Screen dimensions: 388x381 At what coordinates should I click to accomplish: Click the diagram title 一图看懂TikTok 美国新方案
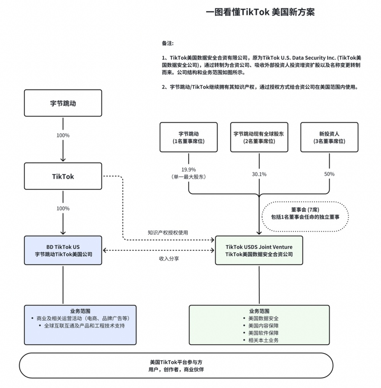click(x=260, y=12)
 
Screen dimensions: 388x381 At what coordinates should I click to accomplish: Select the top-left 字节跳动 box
click(x=63, y=103)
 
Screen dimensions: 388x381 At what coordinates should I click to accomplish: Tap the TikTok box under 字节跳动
click(x=63, y=177)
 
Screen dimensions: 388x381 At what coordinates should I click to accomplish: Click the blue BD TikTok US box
click(x=63, y=250)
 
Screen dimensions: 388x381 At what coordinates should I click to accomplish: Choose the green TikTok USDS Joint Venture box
click(x=259, y=250)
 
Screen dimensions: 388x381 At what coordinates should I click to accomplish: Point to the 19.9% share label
click(x=189, y=170)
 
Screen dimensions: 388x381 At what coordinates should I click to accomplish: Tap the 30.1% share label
click(x=259, y=174)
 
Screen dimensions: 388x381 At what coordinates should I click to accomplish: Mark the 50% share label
click(x=329, y=174)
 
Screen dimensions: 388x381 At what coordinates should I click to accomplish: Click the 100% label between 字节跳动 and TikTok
click(x=63, y=135)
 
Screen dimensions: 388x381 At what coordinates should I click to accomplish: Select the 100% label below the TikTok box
click(x=63, y=208)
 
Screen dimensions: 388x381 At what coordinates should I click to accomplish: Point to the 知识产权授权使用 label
click(x=168, y=232)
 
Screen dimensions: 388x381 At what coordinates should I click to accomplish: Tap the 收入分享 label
click(x=169, y=259)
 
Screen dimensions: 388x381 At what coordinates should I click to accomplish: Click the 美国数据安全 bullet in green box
click(x=263, y=318)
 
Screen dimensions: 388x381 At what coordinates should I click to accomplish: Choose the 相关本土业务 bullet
click(x=263, y=340)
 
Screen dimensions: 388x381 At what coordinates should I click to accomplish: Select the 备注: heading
click(x=168, y=44)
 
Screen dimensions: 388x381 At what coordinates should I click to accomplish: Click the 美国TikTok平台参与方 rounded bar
click(x=176, y=366)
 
